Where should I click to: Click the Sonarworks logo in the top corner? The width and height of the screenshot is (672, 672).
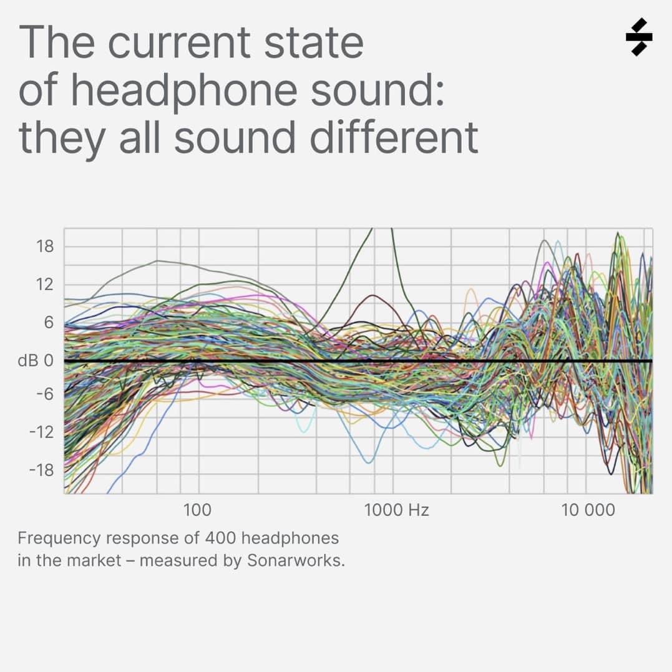(x=639, y=37)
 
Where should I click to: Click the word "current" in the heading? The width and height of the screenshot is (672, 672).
(x=182, y=42)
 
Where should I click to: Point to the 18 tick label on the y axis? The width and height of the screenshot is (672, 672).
(x=45, y=246)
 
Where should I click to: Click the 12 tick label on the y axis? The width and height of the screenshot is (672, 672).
(x=45, y=285)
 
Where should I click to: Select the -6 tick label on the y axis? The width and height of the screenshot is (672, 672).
(x=45, y=394)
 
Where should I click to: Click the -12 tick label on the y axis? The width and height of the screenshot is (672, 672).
(x=42, y=432)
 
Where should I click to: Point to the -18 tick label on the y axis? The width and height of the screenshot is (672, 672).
(x=42, y=470)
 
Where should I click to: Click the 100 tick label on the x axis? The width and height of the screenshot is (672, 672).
(x=198, y=510)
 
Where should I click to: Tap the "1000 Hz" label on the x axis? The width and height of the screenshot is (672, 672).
(x=397, y=510)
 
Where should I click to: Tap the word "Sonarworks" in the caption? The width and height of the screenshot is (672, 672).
(x=295, y=560)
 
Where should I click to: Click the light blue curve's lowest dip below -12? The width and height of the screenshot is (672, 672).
(x=369, y=462)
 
